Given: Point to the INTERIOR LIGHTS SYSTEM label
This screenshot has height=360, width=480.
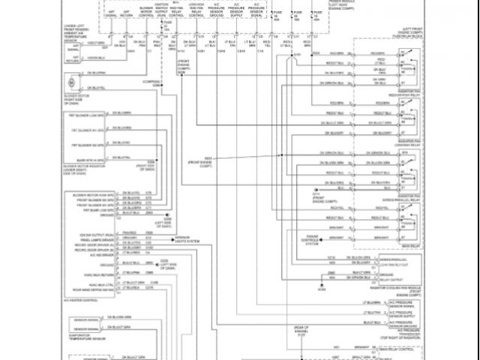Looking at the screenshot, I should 189,240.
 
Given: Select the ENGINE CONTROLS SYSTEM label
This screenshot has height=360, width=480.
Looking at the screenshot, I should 313,240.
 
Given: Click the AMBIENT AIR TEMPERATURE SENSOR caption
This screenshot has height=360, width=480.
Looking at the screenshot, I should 78,34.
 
